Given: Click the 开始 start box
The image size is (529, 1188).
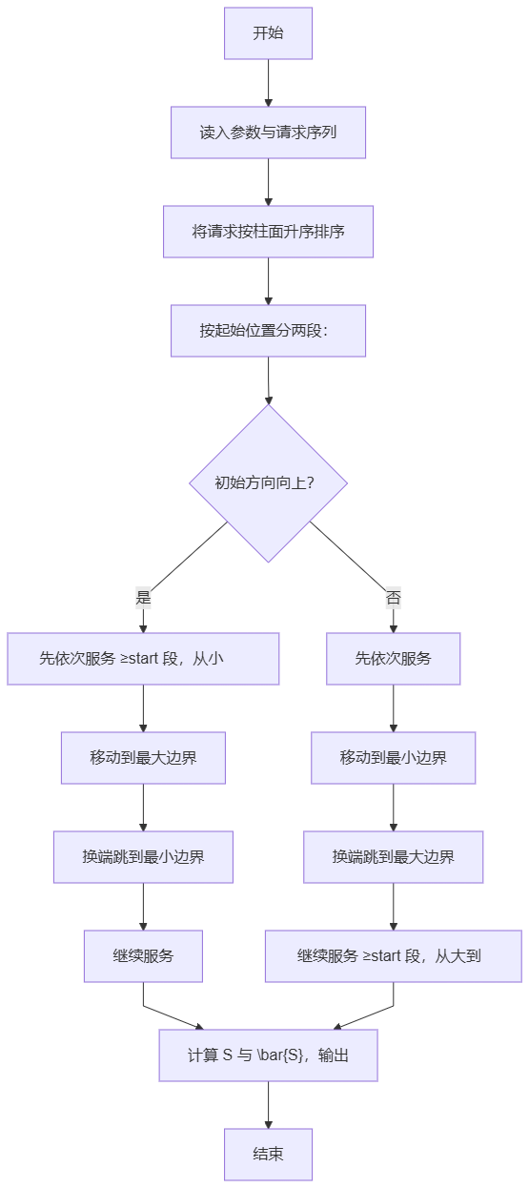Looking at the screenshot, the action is (x=268, y=32).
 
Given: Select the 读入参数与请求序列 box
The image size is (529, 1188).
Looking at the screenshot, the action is (x=268, y=133).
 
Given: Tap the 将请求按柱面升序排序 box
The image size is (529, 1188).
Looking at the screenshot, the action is (x=268, y=232).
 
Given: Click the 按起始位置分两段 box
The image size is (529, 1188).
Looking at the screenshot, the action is (x=268, y=331).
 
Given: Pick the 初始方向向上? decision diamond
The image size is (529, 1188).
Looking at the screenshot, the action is (x=268, y=483).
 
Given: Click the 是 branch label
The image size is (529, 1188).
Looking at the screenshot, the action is (x=143, y=598).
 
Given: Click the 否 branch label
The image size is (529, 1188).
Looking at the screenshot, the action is (x=394, y=598).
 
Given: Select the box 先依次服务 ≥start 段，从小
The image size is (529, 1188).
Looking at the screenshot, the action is (x=143, y=659).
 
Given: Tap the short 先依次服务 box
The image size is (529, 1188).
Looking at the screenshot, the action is (x=394, y=659).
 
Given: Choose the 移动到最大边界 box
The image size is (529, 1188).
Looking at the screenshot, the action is (x=143, y=758).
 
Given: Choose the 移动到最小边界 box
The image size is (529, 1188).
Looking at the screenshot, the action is (x=394, y=758).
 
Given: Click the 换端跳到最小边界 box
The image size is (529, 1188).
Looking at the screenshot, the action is (x=143, y=857).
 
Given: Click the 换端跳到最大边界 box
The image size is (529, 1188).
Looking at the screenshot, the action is (x=394, y=857).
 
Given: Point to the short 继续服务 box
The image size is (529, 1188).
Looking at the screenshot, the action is (x=143, y=956).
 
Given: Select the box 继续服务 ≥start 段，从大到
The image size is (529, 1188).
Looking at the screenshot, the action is (x=394, y=956).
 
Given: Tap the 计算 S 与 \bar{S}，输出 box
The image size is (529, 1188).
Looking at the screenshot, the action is (x=268, y=1055).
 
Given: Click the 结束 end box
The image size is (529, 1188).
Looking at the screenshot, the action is (x=268, y=1155).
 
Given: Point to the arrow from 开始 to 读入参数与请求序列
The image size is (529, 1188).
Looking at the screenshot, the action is (x=268, y=83).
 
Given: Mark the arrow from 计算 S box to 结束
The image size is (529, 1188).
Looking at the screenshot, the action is (x=268, y=1105).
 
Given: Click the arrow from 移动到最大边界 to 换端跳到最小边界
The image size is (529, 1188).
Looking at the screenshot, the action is (x=143, y=808).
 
